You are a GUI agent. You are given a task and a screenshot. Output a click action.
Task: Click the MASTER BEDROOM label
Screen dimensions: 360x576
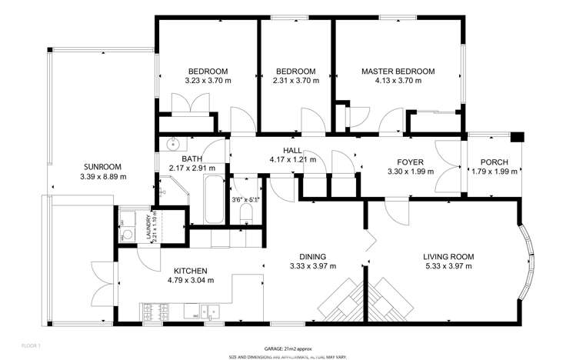point(398,71)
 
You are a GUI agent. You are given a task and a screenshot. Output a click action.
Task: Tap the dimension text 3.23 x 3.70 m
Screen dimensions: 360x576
point(208,80)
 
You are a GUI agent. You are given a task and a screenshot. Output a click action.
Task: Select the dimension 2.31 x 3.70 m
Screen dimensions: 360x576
point(296,80)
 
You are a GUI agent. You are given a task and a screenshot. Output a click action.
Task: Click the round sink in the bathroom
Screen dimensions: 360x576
point(172,143)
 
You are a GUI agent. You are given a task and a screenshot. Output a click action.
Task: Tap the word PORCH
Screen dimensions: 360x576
point(494,162)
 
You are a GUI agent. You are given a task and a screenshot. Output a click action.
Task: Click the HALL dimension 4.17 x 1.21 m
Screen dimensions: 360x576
point(292,160)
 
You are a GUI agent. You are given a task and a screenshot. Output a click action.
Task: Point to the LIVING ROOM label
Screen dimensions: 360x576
point(448,256)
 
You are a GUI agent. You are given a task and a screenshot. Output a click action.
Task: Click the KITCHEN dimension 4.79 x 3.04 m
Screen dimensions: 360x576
point(189,280)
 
